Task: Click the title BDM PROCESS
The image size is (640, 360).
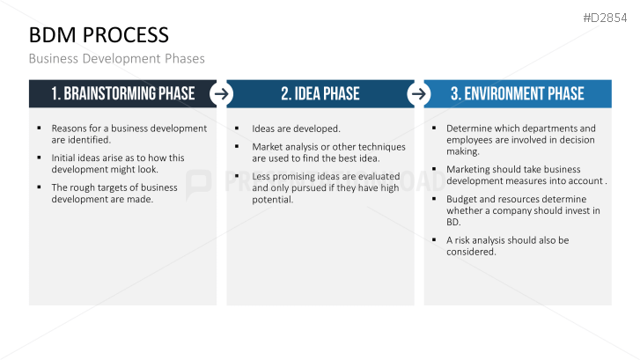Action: point(99,35)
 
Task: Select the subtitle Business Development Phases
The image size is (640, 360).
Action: point(116,59)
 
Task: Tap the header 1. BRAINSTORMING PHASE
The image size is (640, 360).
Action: point(122,93)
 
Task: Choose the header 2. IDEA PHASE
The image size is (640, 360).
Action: point(320,93)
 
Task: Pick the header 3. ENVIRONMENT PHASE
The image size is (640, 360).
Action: point(517,93)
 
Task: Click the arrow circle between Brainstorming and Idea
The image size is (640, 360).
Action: point(222,93)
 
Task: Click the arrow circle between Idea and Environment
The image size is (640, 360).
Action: point(419,93)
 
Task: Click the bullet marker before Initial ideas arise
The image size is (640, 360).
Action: point(40,158)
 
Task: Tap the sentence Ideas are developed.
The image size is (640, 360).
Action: point(296,129)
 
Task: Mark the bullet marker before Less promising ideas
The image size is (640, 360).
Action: point(237,176)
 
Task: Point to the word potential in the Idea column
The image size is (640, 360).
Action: point(272,200)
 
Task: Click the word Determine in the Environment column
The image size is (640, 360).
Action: point(469,129)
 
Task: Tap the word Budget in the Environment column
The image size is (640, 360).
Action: point(462,199)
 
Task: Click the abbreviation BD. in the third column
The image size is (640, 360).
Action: point(453,222)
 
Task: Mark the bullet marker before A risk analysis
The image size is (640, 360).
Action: point(434,239)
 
